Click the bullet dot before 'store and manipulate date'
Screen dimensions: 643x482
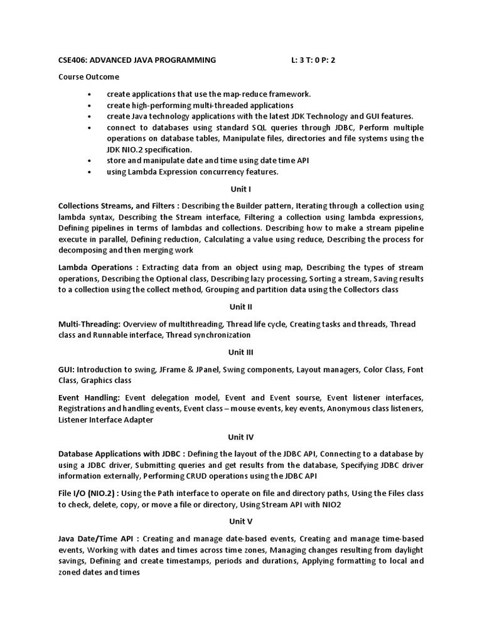(x=90, y=161)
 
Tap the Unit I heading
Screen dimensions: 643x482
(x=240, y=188)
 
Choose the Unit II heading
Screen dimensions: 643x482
(x=240, y=307)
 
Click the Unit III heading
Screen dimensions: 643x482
(x=240, y=352)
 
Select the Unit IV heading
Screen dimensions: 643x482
(x=240, y=436)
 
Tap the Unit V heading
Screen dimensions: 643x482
(x=240, y=521)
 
